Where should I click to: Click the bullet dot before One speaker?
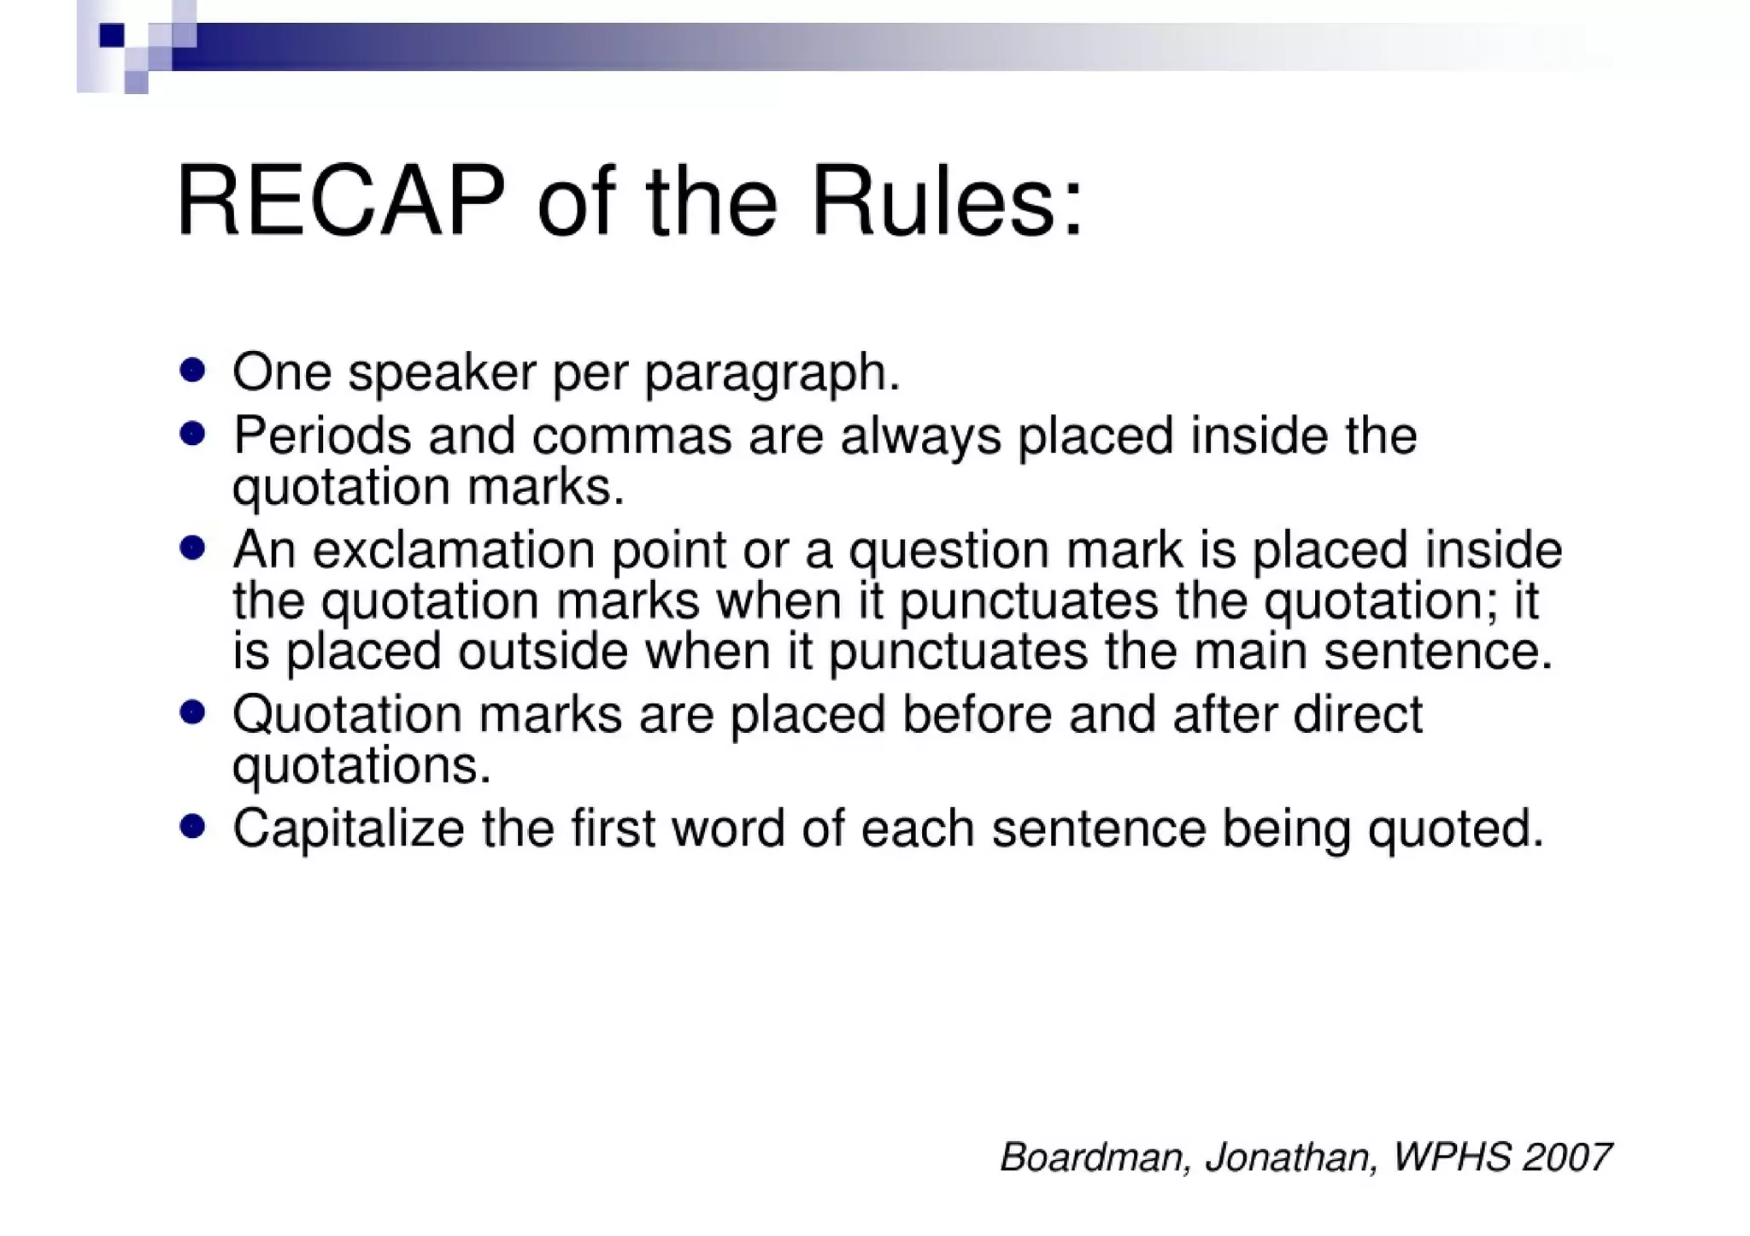[x=192, y=371]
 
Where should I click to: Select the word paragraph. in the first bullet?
[x=772, y=373]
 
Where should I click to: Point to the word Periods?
[x=321, y=436]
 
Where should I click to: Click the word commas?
[x=631, y=436]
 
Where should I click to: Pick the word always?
[x=920, y=437]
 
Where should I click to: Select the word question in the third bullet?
[x=948, y=551]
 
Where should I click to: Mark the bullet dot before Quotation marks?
[x=192, y=712]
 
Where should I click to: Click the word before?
[x=977, y=714]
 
